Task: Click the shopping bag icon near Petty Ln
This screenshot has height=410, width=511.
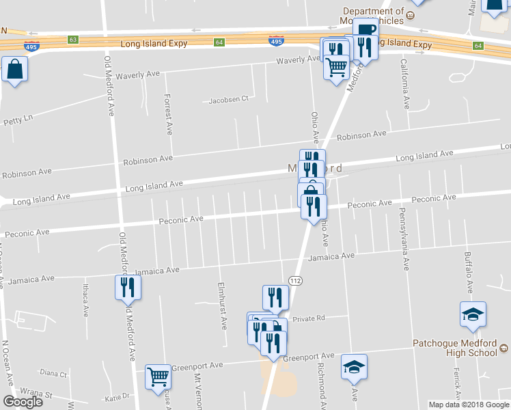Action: (x=14, y=70)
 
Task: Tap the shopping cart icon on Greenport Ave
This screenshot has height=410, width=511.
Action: (x=158, y=377)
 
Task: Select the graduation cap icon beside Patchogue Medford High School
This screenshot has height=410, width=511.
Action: (x=473, y=315)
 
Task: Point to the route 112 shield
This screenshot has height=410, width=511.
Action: (x=295, y=280)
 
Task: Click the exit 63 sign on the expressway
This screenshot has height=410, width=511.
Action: (x=73, y=40)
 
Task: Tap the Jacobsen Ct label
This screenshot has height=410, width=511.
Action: (x=229, y=99)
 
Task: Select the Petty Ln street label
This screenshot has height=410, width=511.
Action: (x=18, y=120)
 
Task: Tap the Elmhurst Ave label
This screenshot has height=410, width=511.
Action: (x=222, y=305)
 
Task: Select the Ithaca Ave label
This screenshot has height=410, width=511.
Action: (x=86, y=301)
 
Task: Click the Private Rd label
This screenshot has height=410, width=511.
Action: (x=308, y=318)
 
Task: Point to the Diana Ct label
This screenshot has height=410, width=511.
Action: (x=53, y=373)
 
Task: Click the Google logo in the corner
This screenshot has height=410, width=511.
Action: (x=23, y=402)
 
